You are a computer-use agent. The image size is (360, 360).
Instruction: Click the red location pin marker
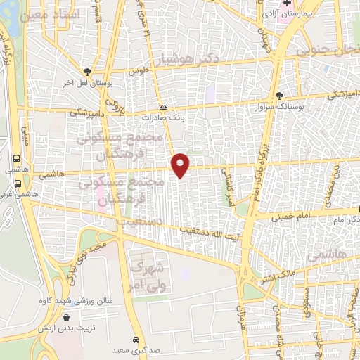tap(181, 165)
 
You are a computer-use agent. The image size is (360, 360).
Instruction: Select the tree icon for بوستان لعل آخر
tap(86, 72)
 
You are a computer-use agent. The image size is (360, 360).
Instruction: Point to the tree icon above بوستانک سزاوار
tap(280, 95)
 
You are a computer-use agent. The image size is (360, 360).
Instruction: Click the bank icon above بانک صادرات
tap(163, 107)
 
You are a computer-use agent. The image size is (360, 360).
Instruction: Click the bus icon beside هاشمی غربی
tap(16, 184)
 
